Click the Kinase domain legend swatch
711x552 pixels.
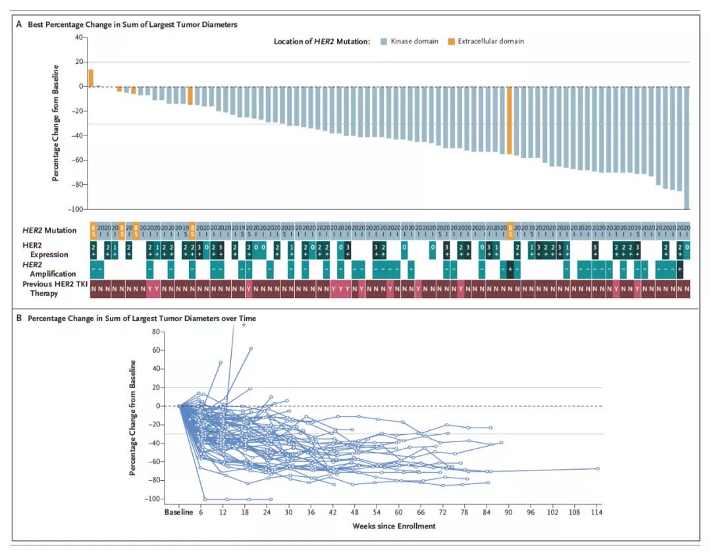coord(384,41)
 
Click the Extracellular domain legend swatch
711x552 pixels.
coord(452,41)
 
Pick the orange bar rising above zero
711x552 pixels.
coord(91,78)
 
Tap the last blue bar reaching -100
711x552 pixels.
coord(687,147)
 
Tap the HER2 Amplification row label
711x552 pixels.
coord(53,268)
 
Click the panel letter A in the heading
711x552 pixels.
coord(19,24)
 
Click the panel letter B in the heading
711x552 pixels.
coord(19,318)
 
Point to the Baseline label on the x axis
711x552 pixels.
coord(178,513)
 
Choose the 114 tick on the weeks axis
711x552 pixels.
coord(597,513)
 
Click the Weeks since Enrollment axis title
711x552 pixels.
coord(394,526)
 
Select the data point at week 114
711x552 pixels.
coord(597,468)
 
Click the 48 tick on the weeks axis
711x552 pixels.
coord(355,513)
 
